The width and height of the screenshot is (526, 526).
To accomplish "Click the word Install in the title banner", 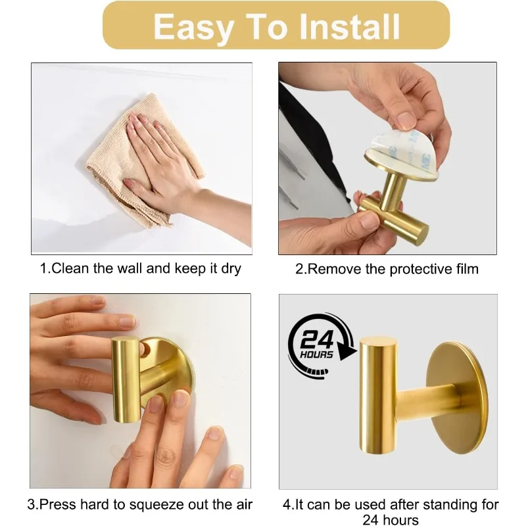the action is pos(349,26).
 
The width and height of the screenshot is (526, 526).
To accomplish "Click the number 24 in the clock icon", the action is pos(317,339).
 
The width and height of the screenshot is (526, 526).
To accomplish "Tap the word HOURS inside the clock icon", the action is pos(316,354).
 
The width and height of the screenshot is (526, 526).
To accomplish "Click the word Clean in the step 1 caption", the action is pos(70,268).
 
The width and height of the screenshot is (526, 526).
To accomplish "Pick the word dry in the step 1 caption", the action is pos(231,270).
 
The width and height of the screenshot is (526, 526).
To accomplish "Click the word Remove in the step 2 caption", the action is pos(334,269).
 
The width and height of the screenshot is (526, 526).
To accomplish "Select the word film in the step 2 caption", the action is pos(467,269).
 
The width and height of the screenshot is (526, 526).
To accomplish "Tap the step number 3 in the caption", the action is pos(31,504).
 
